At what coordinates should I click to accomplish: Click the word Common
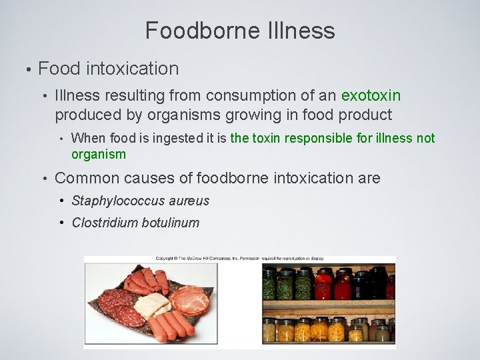[x=83, y=178]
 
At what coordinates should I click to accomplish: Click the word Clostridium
[x=105, y=222]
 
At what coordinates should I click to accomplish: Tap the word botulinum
[x=171, y=222]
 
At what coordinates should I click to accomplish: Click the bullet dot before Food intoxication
[x=26, y=69]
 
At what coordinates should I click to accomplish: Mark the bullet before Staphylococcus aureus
[x=62, y=200]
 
